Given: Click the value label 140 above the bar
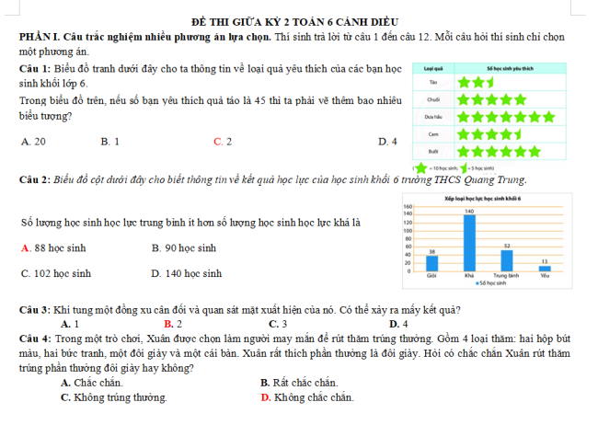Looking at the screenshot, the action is point(469,212).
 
